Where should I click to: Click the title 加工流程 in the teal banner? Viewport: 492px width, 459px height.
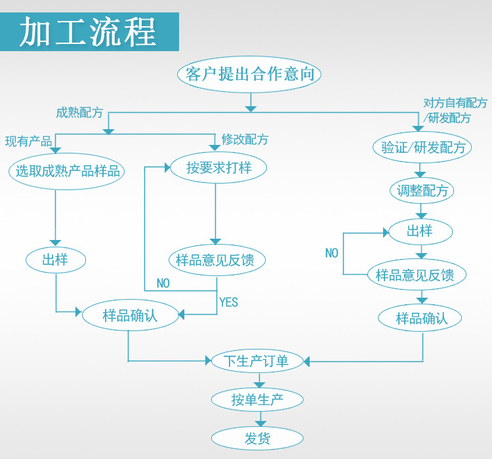pyautogui.click(x=89, y=31)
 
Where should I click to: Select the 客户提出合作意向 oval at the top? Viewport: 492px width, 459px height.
pyautogui.click(x=249, y=74)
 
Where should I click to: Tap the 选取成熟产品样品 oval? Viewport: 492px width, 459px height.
pyautogui.click(x=68, y=171)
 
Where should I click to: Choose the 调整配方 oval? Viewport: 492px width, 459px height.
pyautogui.click(x=422, y=191)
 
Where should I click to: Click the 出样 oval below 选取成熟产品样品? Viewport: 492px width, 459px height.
pyautogui.click(x=55, y=260)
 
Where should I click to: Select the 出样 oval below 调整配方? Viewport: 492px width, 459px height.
pyautogui.click(x=420, y=231)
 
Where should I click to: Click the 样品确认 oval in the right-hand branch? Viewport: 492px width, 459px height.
pyautogui.click(x=421, y=319)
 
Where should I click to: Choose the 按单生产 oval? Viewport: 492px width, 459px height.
pyautogui.click(x=257, y=399)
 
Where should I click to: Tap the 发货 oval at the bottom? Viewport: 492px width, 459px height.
pyautogui.click(x=257, y=438)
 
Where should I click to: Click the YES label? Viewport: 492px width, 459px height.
pyautogui.click(x=228, y=302)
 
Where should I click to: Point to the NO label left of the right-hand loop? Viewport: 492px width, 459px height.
pyautogui.click(x=332, y=253)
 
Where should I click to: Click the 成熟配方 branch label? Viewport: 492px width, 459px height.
pyautogui.click(x=79, y=112)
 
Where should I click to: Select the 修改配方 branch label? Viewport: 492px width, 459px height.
pyautogui.click(x=244, y=140)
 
